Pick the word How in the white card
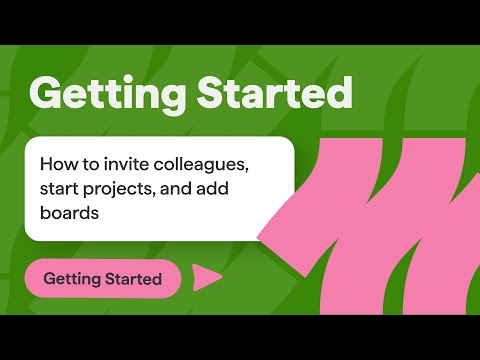(x=56, y=163)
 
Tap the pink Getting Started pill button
(x=102, y=279)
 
